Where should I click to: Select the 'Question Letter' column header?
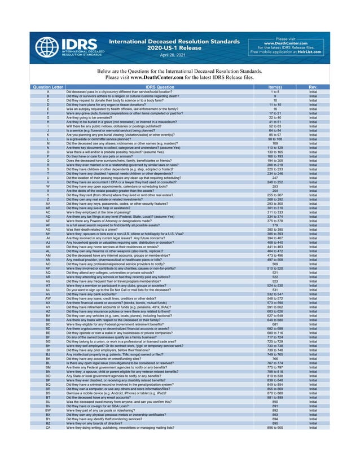point(48,87)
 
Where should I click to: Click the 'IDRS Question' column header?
point(160,87)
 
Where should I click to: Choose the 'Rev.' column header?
point(313,87)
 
